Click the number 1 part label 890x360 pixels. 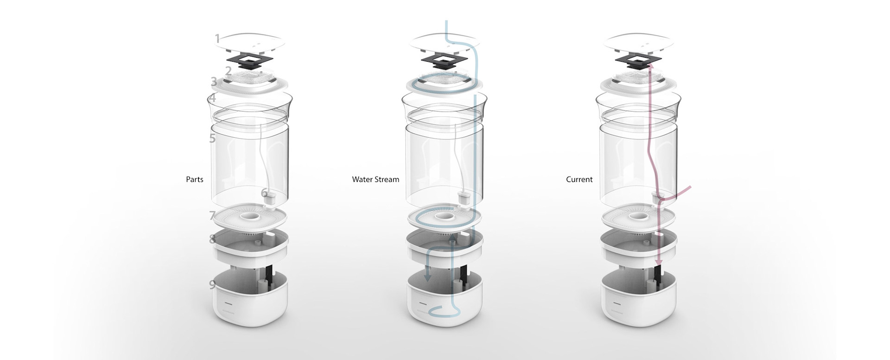coord(217,38)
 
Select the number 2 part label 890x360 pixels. coord(228,71)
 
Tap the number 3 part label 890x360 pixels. coord(214,82)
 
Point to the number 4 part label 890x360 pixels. coord(212,98)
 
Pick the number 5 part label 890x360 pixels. coord(212,138)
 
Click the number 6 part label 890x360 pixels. coord(264,192)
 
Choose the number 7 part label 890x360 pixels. coord(212,215)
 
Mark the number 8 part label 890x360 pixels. coord(212,239)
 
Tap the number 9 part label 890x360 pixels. coord(212,284)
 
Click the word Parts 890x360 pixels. coord(195,179)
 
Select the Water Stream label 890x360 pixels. coord(375,179)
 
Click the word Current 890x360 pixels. coord(579,179)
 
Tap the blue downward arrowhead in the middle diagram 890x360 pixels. coord(428,278)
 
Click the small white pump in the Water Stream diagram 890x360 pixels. coord(464,199)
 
